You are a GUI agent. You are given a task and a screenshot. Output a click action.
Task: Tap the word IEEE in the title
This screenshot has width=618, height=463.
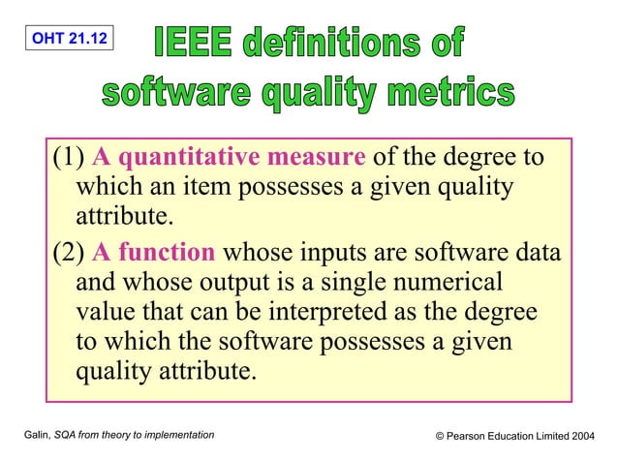point(198,45)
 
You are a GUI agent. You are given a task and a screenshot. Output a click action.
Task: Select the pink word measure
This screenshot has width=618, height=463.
point(317,157)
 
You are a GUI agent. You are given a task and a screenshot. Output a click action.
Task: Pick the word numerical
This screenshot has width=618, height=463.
point(448,285)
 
